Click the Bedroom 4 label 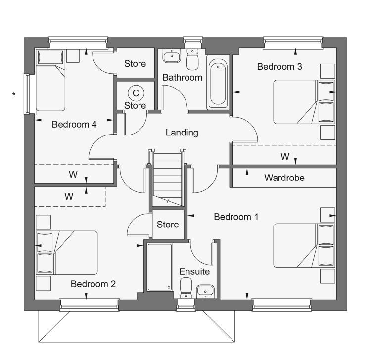click(74, 125)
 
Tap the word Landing click(182, 133)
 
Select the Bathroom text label click(182, 78)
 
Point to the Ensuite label click(194, 272)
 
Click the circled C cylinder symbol click(136, 93)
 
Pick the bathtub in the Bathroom click(218, 82)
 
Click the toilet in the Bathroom click(192, 59)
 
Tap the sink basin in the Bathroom click(172, 56)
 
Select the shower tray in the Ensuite click(159, 267)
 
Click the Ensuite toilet click(186, 288)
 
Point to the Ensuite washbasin click(205, 292)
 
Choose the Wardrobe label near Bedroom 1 click(284, 178)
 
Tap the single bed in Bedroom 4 click(50, 81)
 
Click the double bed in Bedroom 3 click(304, 102)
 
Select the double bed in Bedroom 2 click(66, 253)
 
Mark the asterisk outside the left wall click(14, 94)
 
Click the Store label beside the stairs click(168, 225)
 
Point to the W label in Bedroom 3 click(285, 157)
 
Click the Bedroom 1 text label click(236, 217)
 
